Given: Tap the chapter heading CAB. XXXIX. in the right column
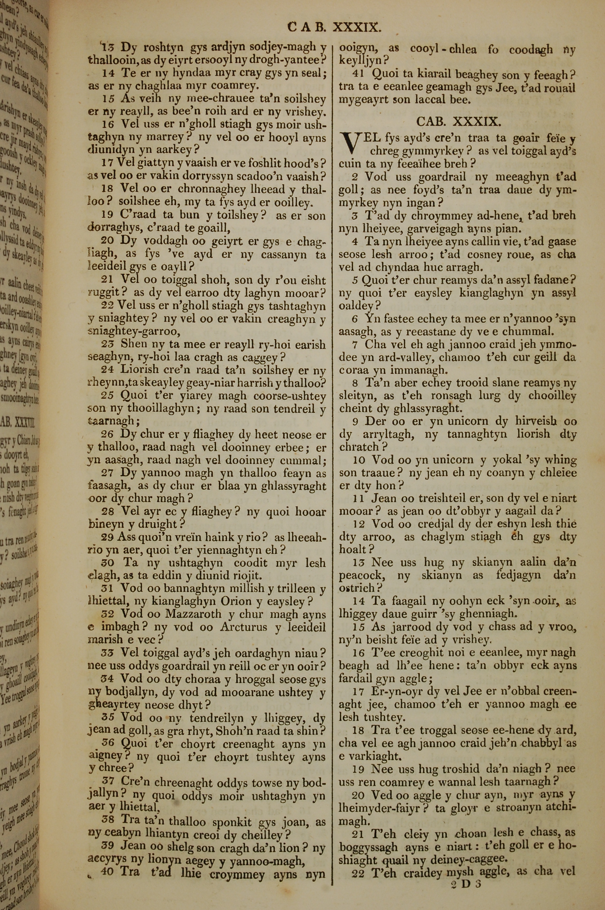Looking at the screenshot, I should point(458,122).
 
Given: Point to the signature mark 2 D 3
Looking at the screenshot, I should point(466,873).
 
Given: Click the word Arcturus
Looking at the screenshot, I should point(244,627).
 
